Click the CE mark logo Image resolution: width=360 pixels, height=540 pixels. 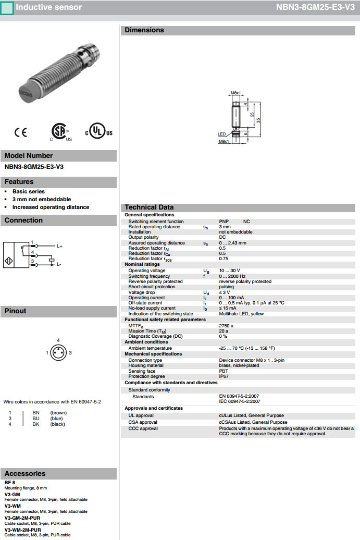coord(21,132)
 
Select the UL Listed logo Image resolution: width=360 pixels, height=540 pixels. coord(97,131)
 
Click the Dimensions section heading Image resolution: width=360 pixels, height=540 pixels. coord(144,30)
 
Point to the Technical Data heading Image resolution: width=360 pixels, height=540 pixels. coord(149,207)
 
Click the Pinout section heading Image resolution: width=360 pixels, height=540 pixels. coord(16,311)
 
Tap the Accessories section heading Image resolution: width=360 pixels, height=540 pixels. coord(25,474)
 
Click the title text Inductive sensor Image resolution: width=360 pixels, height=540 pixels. coord(48,7)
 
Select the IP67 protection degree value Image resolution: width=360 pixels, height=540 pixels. coord(224,376)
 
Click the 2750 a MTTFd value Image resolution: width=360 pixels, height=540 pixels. coord(226,325)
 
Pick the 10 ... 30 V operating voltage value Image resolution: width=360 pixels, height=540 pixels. coord(229,271)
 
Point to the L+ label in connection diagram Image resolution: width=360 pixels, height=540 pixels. coord(59,246)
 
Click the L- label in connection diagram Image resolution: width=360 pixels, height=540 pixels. coord(59,265)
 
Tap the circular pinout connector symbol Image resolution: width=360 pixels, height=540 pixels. coord(58,353)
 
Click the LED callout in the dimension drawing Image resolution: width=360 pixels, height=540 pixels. coord(221,134)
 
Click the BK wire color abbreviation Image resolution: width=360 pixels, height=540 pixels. coord(36,424)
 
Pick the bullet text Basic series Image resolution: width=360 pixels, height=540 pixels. coord(29,191)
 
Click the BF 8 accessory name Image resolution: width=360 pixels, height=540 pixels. coord(9,483)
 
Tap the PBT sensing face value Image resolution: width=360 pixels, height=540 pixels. coord(224,371)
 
